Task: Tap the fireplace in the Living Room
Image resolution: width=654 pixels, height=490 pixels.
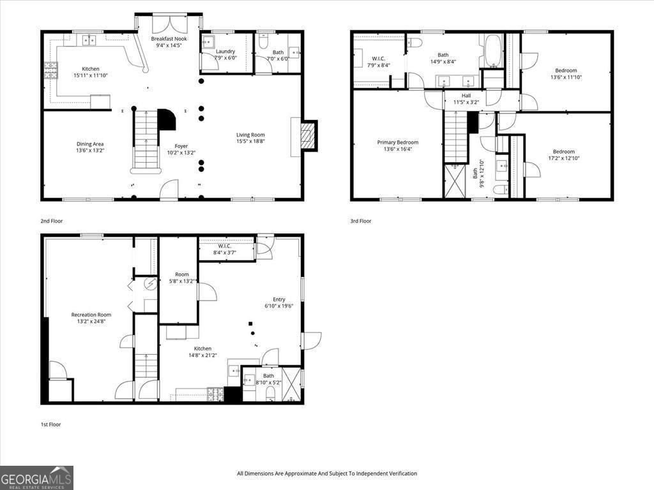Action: (308, 136)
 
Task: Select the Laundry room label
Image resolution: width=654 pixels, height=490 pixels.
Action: (225, 51)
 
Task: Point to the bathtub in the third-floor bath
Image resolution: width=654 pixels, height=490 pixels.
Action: (493, 52)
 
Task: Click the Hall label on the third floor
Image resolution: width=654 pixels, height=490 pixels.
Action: (466, 96)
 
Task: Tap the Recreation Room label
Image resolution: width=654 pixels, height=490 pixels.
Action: (91, 315)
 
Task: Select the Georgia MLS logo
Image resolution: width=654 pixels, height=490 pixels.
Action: (36, 478)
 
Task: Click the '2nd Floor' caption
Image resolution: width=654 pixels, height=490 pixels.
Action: (52, 221)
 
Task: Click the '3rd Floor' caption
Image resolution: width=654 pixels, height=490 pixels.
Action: (360, 221)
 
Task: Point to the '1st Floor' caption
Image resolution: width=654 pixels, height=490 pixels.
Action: (50, 424)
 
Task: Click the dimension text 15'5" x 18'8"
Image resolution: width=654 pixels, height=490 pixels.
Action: (250, 142)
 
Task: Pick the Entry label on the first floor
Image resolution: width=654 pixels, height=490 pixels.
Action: (278, 299)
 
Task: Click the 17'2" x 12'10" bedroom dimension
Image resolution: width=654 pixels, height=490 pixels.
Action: (563, 159)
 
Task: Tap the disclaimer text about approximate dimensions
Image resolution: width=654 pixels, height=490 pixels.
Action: (326, 473)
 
